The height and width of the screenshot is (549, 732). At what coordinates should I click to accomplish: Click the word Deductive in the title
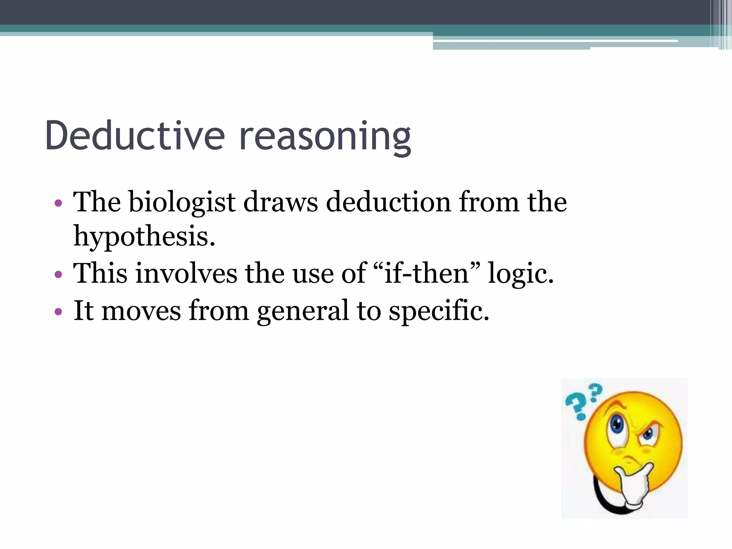click(135, 136)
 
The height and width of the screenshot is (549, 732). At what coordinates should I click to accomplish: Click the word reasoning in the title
click(325, 138)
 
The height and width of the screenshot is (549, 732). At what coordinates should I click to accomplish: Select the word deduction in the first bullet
click(389, 202)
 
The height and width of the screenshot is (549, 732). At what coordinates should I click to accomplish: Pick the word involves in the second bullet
click(186, 273)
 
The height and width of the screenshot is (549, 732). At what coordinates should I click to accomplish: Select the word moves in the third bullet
click(141, 311)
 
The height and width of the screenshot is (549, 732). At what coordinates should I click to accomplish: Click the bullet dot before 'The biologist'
click(58, 204)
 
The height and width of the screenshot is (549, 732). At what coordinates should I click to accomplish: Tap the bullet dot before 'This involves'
click(58, 275)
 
